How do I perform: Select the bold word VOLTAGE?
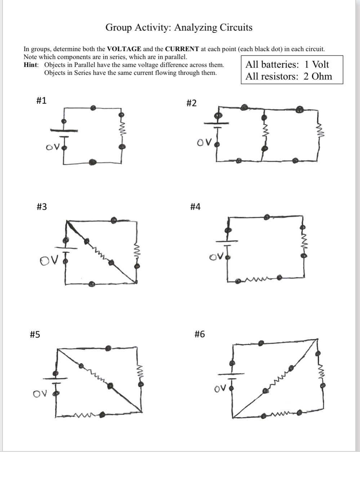[124, 49]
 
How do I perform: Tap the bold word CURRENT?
[182, 49]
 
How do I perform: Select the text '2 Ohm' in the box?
[317, 76]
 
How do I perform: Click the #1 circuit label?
[41, 101]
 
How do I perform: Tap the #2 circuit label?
[191, 103]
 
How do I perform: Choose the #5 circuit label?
[35, 335]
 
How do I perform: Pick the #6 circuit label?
[199, 334]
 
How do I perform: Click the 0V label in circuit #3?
[49, 260]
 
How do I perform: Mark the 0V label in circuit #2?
[204, 143]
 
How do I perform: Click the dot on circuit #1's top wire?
[93, 107]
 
